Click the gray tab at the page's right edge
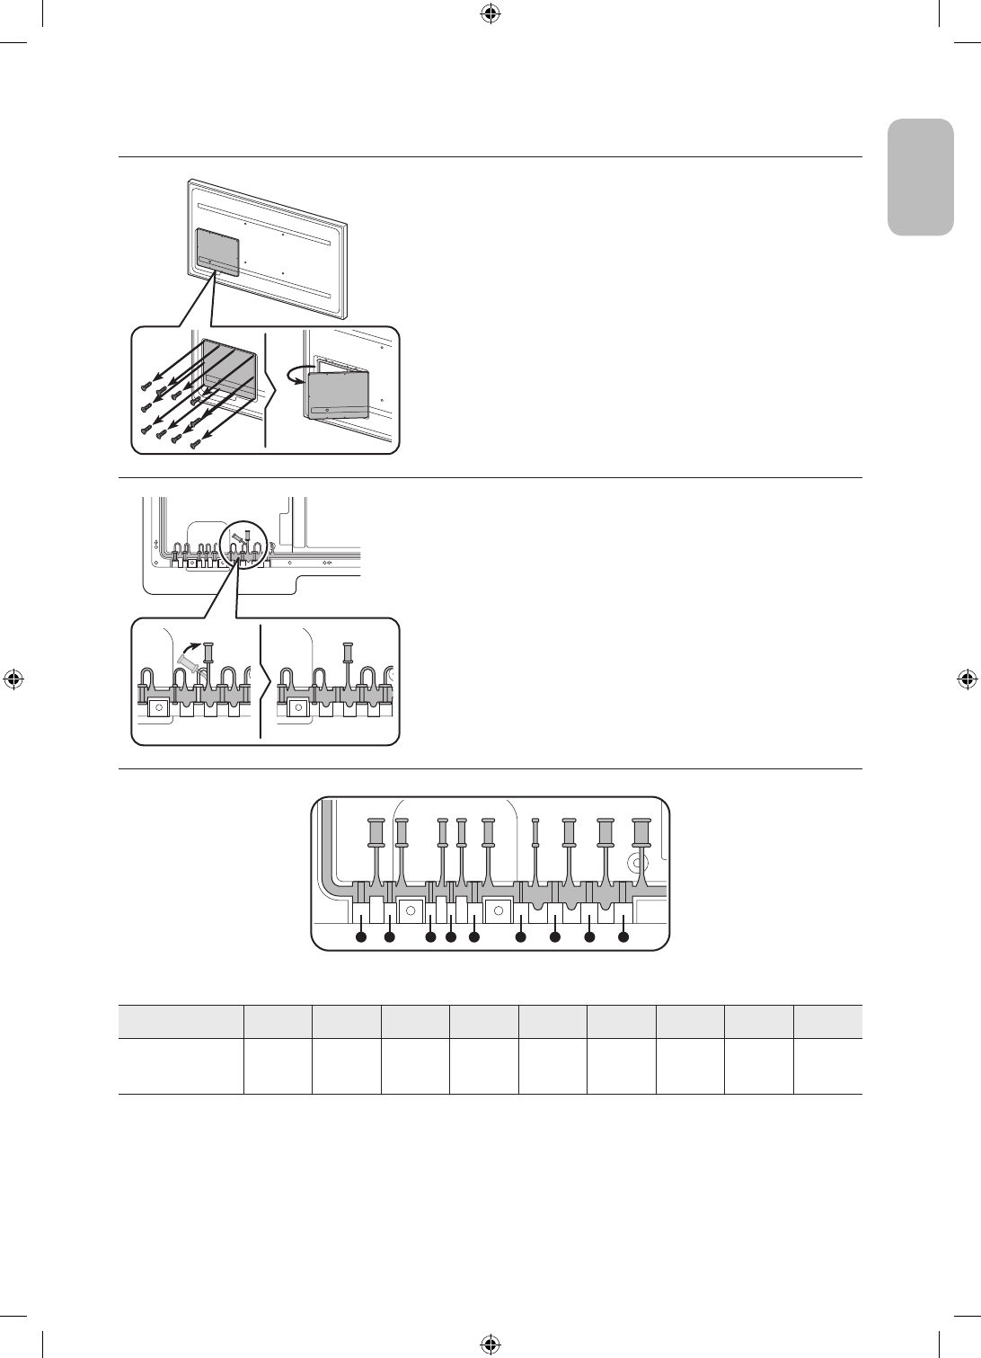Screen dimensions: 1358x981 920,177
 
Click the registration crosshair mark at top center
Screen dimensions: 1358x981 490,13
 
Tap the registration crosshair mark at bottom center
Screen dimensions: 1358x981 490,1344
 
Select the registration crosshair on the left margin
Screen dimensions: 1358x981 13,679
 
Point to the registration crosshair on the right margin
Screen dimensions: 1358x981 968,679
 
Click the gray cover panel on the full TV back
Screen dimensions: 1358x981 217,251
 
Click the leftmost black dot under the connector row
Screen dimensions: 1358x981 360,937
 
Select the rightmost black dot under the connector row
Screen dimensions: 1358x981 623,937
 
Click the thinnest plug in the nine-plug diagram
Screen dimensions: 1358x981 535,833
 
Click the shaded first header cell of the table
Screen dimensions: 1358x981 181,1022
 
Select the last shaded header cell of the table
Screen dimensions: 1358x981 827,1022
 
